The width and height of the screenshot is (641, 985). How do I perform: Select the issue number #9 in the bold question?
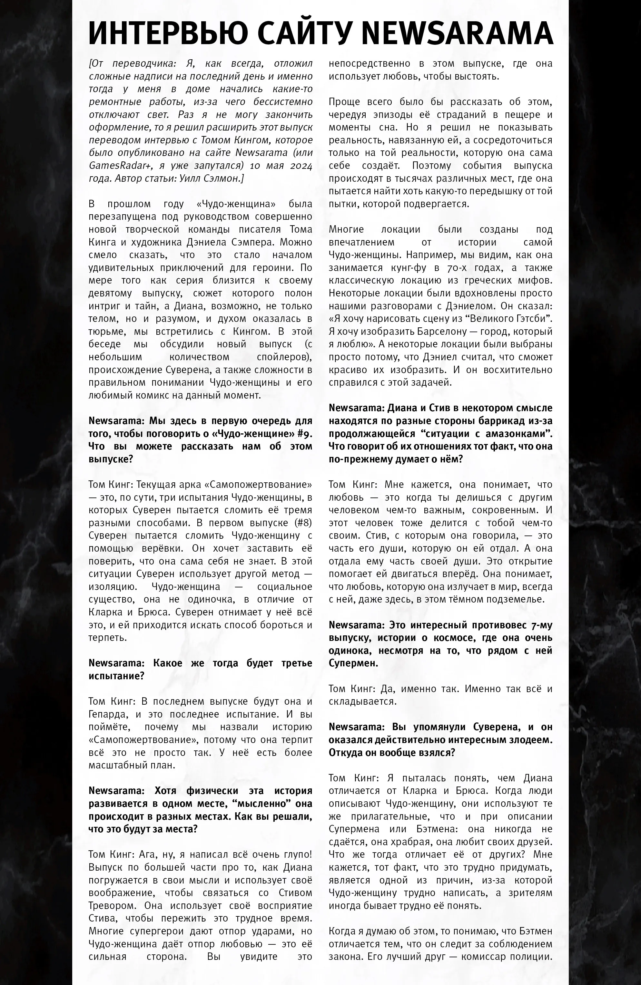303,433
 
